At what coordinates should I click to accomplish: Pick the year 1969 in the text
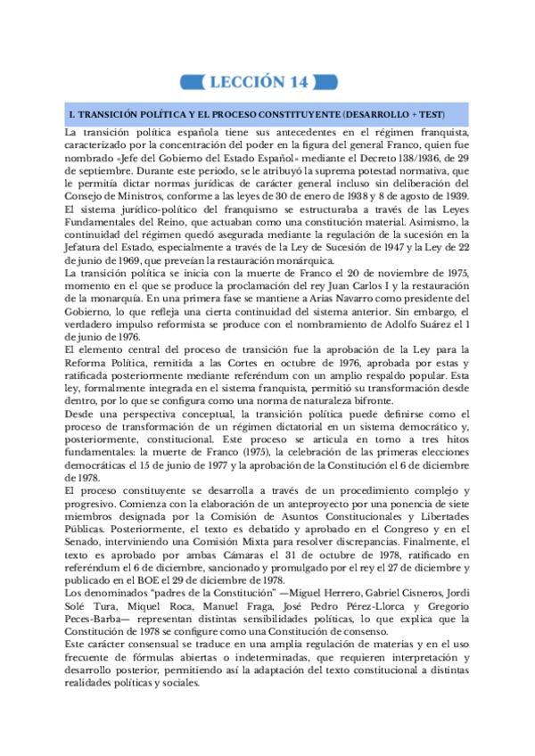[x=131, y=260]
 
